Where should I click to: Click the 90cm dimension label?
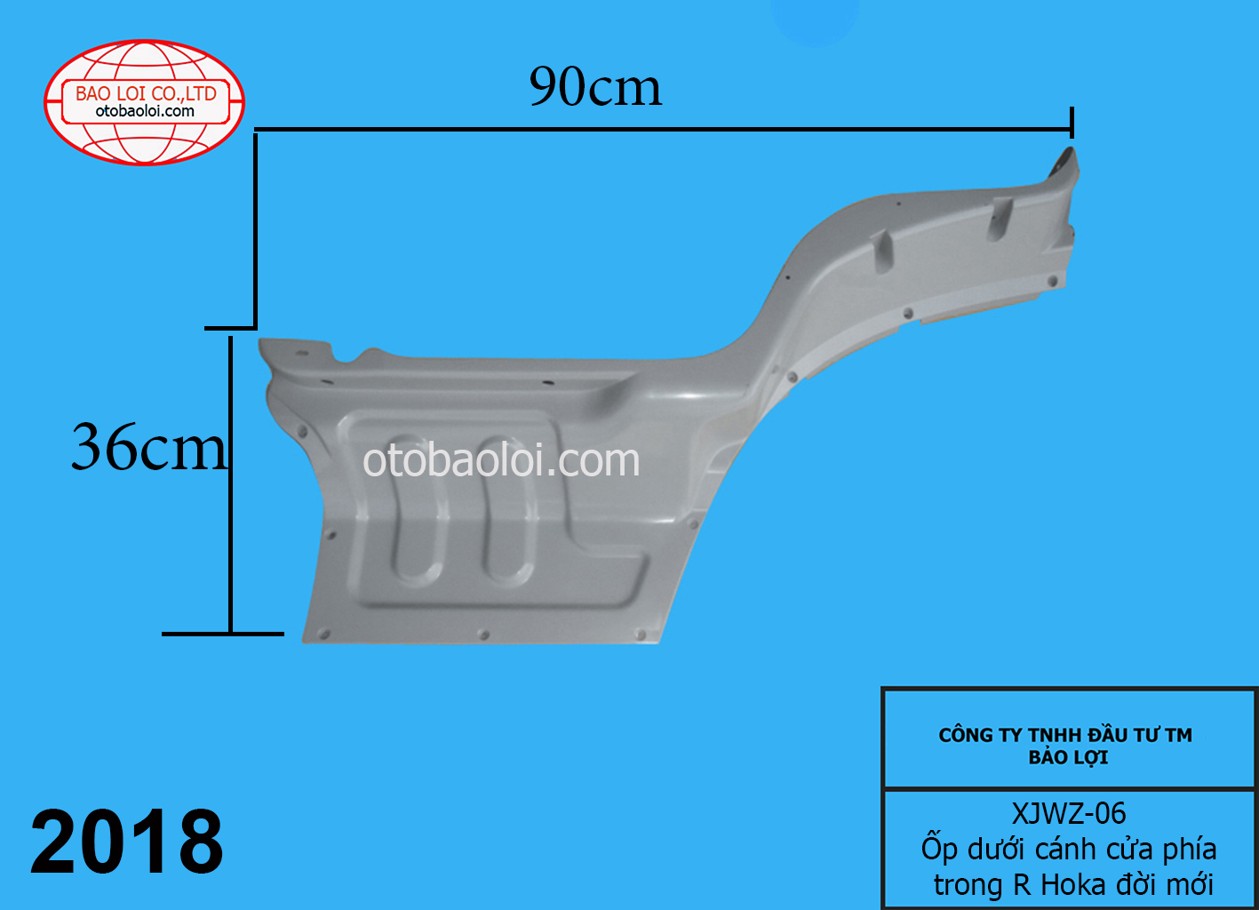(595, 87)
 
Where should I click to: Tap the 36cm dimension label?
(148, 447)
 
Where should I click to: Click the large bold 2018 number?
(127, 842)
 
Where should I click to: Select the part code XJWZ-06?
(1069, 813)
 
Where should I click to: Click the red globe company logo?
(145, 102)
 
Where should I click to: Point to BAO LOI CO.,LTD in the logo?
(146, 93)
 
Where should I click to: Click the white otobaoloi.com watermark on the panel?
(501, 460)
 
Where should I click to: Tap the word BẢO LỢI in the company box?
(1068, 758)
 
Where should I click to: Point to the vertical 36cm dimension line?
(231, 484)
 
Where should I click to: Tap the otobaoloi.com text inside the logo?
(145, 112)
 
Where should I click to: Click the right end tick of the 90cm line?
(1072, 123)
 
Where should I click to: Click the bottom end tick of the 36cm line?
(222, 634)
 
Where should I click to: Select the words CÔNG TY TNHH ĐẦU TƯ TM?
(1065, 735)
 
